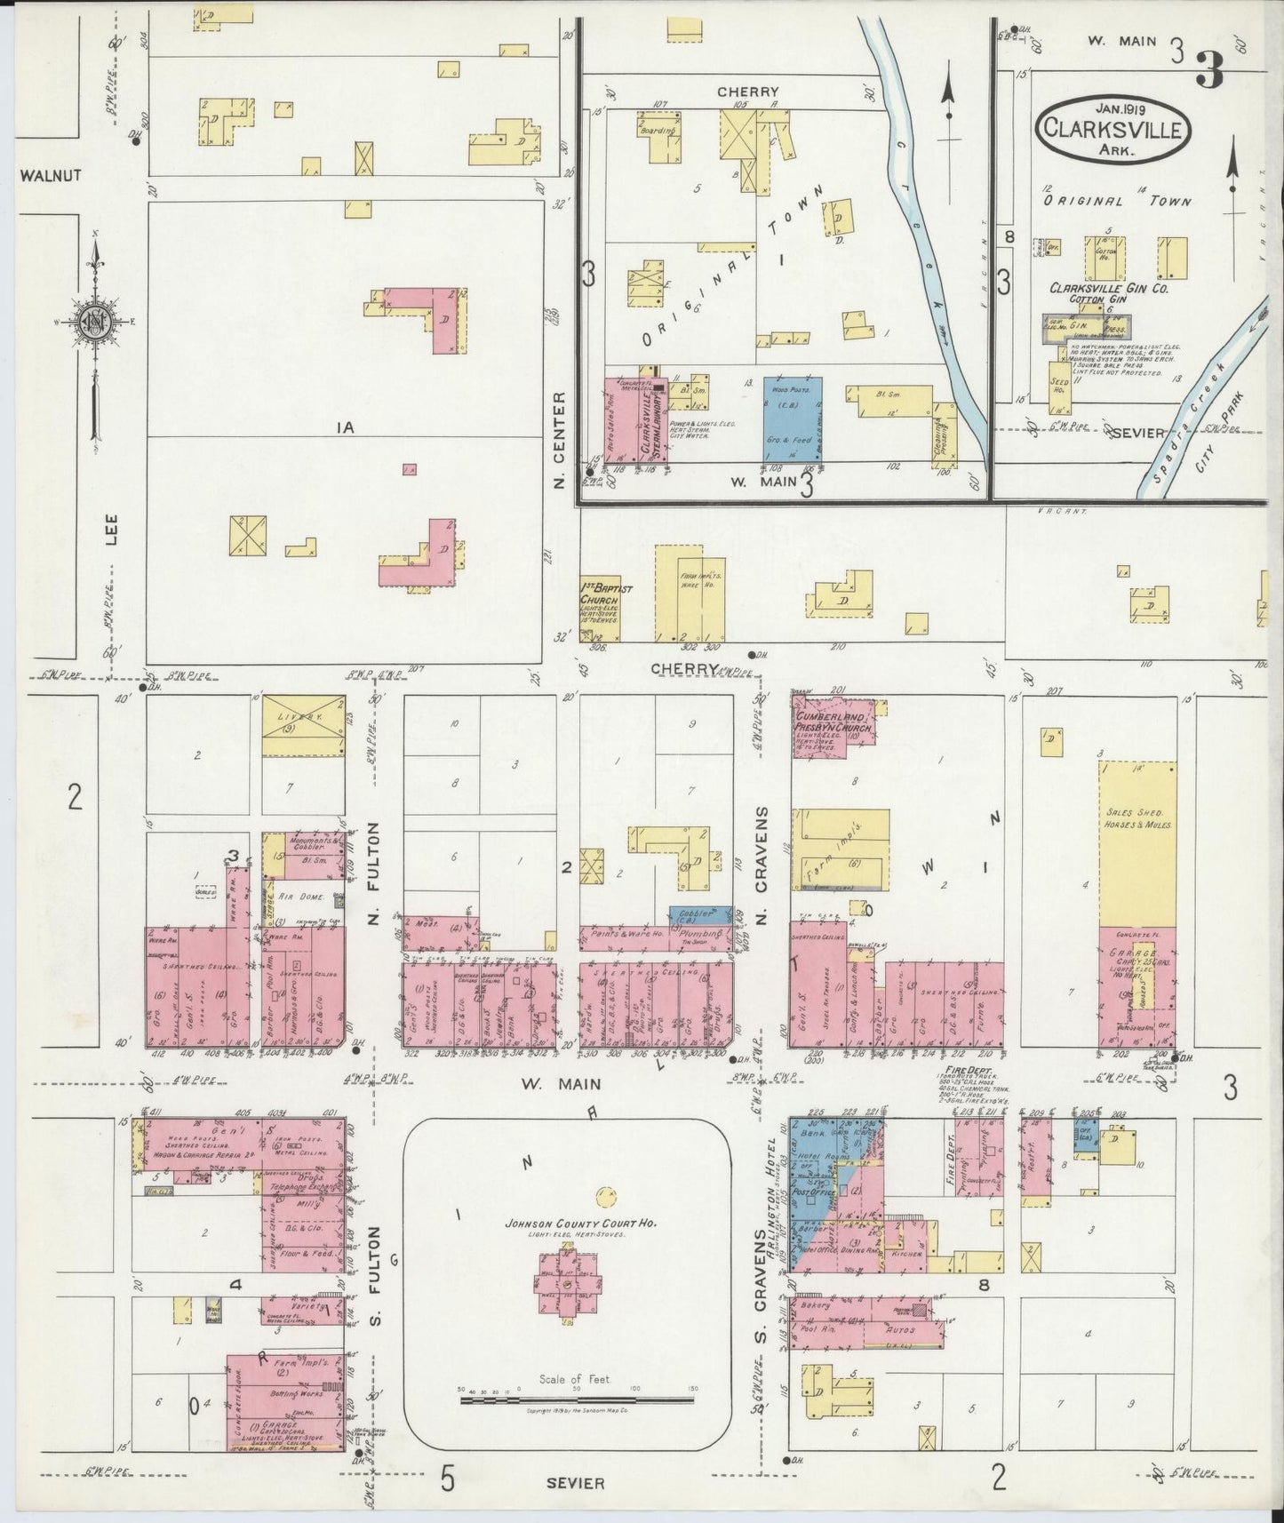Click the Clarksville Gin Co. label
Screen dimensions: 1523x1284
(x=1108, y=289)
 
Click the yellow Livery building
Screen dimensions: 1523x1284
(x=303, y=725)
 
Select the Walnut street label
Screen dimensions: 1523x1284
(x=50, y=175)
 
